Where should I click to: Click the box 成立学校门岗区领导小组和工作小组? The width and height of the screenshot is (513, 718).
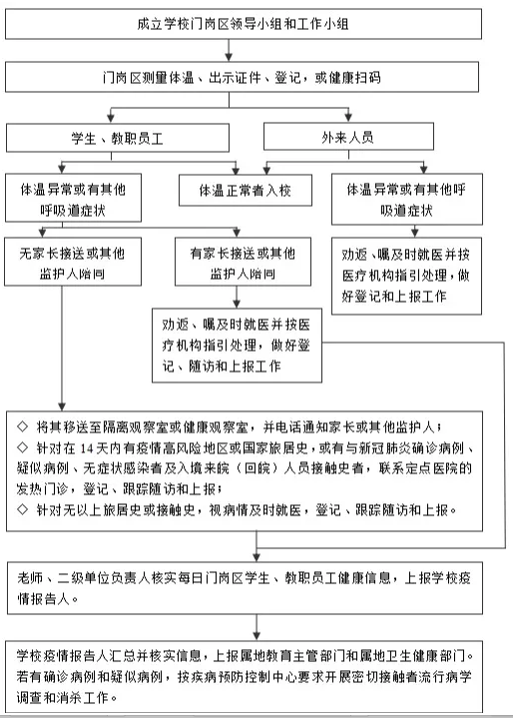[243, 23]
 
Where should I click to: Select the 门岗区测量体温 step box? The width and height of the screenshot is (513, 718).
[242, 77]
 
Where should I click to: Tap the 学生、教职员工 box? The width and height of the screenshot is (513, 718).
[118, 138]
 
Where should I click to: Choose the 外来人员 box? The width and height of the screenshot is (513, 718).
[348, 137]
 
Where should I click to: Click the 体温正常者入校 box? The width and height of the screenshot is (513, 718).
[246, 190]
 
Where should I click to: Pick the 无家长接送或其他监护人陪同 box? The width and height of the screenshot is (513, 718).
[73, 262]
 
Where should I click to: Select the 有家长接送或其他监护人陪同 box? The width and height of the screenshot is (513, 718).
[243, 262]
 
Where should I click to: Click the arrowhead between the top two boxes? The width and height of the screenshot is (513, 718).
[229, 56]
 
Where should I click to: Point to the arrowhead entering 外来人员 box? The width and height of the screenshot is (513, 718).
[348, 118]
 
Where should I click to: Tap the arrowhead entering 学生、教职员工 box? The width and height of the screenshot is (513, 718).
[111, 118]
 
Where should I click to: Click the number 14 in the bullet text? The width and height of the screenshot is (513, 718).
[87, 448]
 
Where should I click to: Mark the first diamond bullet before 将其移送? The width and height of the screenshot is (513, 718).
[22, 426]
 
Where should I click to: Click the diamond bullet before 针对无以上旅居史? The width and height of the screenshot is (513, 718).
[22, 509]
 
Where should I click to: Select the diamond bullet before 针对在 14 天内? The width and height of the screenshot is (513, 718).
[22, 447]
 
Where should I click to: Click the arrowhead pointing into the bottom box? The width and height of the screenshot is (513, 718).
[256, 636]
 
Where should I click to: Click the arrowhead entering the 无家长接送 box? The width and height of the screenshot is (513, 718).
[43, 232]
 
